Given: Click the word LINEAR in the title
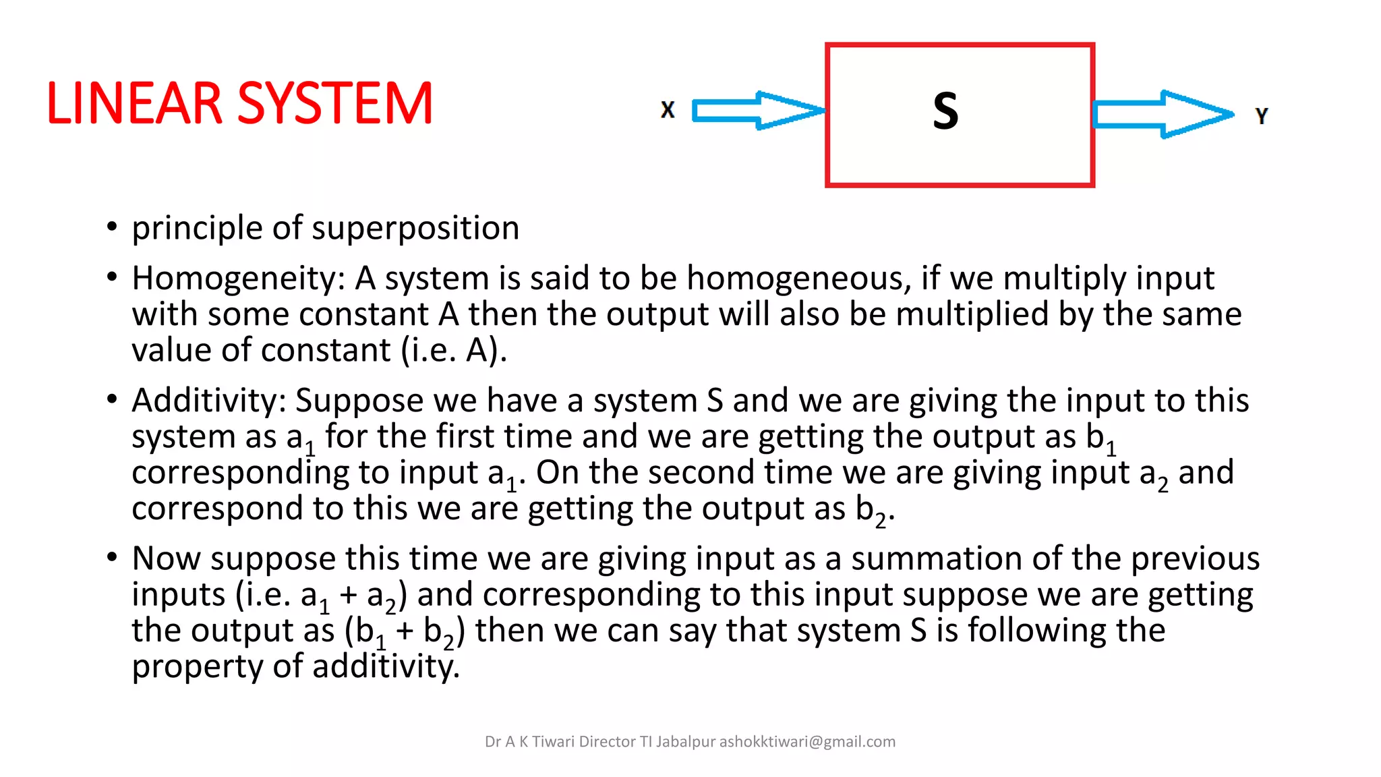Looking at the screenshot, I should click(134, 104).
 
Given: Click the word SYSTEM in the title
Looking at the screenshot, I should click(335, 104).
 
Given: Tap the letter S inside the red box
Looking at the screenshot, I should click(945, 111).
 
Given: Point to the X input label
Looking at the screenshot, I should click(668, 110).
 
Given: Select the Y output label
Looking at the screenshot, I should click(1262, 116).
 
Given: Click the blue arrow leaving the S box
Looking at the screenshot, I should click(1161, 115).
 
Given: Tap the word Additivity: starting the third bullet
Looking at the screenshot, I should click(209, 401).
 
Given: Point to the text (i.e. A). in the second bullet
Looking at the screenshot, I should click(453, 351).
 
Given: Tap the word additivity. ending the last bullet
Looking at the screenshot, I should click(386, 666).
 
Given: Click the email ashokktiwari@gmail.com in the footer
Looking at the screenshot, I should click(807, 742).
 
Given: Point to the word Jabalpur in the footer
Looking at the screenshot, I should click(685, 742).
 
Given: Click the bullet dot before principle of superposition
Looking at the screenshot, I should click(112, 227).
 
